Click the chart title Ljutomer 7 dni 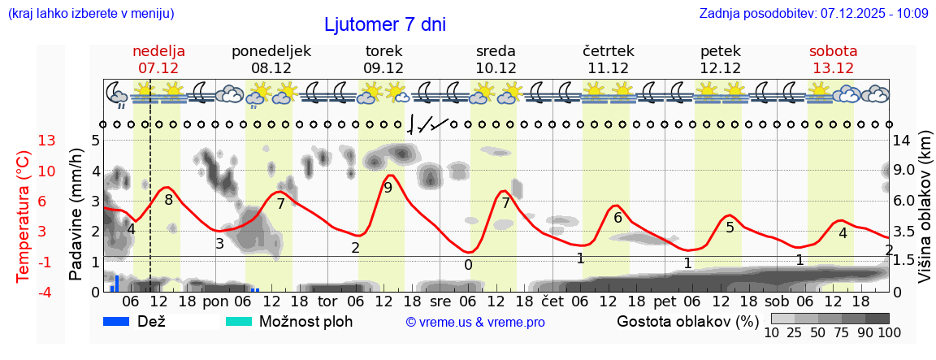384,24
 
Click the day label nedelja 158,51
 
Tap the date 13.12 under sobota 833,68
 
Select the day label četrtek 609,51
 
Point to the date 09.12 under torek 383,68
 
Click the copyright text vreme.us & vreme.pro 475,323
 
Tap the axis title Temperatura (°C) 24,216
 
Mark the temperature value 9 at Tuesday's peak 388,188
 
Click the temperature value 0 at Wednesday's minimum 468,264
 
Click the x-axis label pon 216,301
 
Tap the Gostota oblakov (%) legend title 687,321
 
